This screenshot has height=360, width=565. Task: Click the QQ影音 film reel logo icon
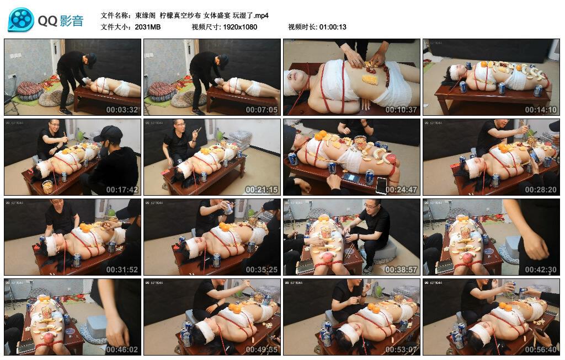21,20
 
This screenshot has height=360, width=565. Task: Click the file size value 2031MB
148,27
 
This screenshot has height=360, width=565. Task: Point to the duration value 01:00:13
333,27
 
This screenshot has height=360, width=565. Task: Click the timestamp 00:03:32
122,110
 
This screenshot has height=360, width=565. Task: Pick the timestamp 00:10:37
401,110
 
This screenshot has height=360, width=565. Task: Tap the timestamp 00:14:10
541,110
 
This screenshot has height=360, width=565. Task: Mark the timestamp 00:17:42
122,190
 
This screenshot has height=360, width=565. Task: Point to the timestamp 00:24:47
401,190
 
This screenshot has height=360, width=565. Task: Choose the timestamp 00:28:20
541,190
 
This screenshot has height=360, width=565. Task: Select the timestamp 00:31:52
122,270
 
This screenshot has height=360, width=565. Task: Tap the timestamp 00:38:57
401,270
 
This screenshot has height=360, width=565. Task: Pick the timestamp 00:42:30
541,270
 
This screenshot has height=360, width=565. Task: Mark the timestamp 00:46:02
122,350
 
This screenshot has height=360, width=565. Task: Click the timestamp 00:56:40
541,350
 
